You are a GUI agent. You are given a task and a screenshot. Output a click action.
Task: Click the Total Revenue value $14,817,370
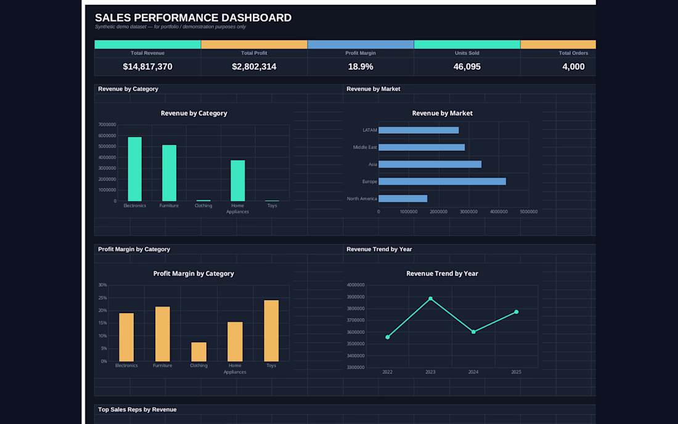coord(147,67)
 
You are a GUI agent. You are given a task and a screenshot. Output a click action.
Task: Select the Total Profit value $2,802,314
coord(254,67)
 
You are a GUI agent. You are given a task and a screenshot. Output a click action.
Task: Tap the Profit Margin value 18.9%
coord(361,67)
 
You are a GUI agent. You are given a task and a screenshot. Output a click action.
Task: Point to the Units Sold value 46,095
coord(467,67)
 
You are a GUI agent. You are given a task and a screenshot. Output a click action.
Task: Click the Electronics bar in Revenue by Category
coord(135,169)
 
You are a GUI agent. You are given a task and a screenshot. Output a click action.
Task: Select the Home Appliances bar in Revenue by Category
coord(238,181)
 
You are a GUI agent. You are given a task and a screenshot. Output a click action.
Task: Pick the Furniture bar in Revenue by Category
coord(169,173)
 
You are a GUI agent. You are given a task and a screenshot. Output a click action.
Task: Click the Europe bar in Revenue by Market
coord(443,182)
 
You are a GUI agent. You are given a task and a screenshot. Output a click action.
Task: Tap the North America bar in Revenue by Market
coord(403,198)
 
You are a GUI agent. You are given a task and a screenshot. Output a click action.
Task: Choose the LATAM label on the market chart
coord(370,130)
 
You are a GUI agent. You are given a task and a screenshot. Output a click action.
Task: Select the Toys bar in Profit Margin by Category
coord(272,331)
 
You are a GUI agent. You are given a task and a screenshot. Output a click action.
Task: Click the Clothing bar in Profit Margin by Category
coord(199,352)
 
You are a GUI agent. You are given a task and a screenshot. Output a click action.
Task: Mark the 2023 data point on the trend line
coord(430,299)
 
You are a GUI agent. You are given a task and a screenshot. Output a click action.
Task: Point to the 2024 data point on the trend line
coord(473,332)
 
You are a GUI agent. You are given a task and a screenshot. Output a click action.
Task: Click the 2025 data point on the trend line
coord(517,312)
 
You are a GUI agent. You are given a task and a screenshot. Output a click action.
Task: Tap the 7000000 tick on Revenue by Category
coord(107,124)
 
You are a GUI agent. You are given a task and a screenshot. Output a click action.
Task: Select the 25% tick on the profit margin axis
coord(102,298)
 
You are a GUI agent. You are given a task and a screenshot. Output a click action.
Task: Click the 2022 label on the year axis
coord(388,372)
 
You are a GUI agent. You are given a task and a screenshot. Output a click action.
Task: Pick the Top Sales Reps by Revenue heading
coord(137,409)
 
